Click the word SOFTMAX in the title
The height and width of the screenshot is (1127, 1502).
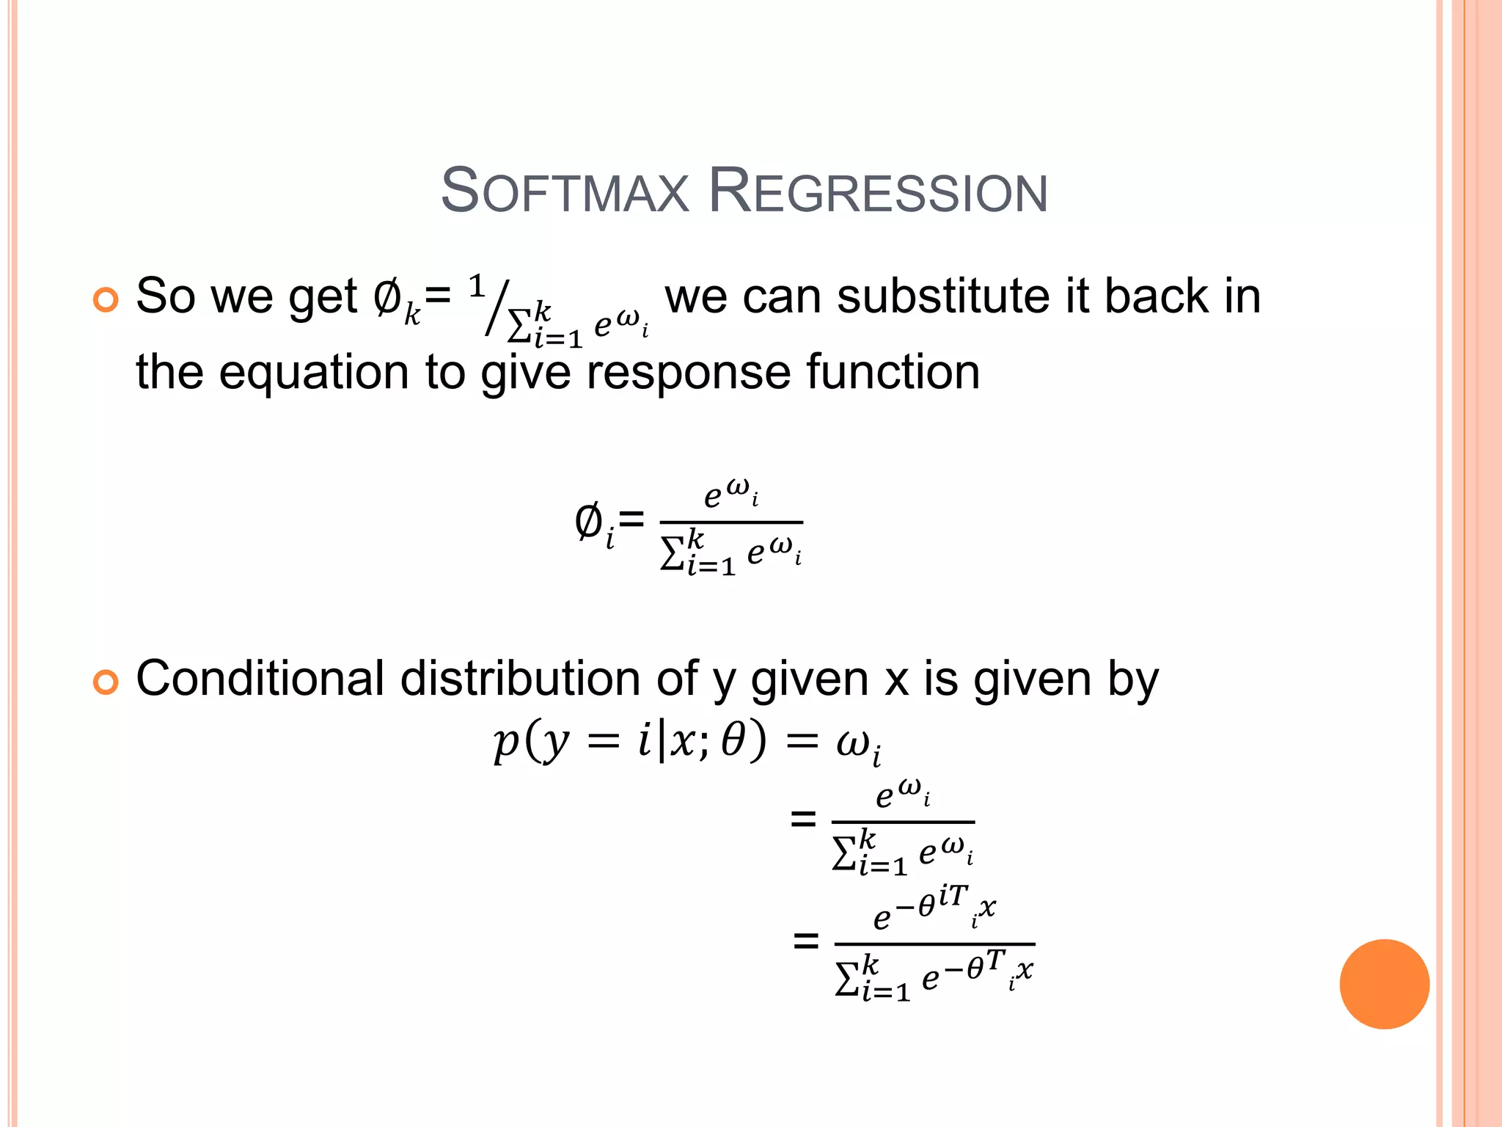[x=565, y=191]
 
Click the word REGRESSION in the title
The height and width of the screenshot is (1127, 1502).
[x=878, y=191]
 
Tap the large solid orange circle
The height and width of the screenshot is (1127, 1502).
[x=1384, y=984]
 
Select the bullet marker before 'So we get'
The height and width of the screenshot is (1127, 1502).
[x=106, y=299]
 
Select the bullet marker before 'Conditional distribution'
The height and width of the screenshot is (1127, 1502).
[x=106, y=682]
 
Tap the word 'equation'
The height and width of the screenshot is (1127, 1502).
[x=313, y=373]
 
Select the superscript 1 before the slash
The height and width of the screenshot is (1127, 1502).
[x=477, y=285]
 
